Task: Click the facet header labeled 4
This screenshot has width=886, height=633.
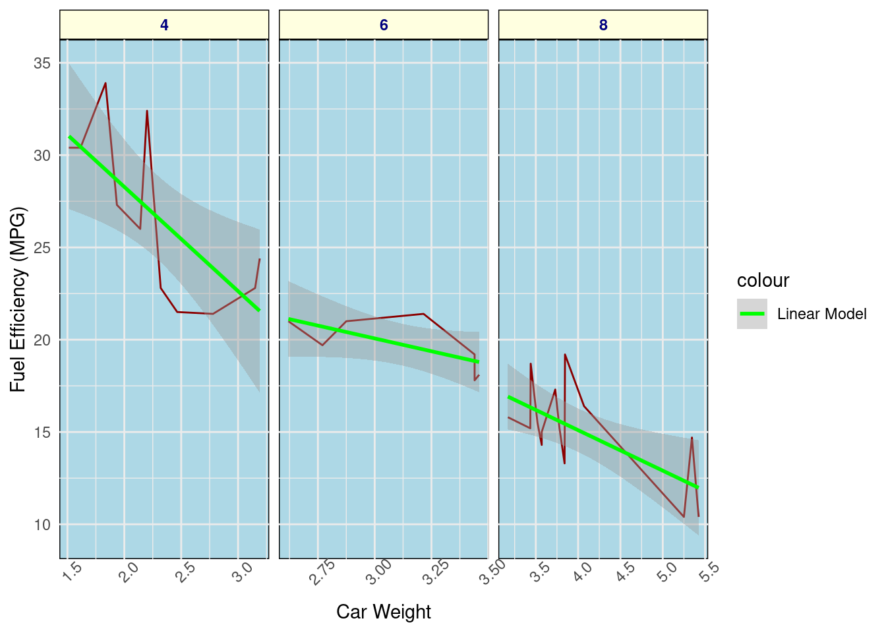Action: tap(164, 25)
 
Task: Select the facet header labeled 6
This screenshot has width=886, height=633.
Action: tap(384, 25)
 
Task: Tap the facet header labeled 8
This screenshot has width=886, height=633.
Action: tap(603, 25)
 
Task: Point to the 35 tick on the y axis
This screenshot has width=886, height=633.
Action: tap(42, 63)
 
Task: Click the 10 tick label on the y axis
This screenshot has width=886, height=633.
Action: tap(42, 525)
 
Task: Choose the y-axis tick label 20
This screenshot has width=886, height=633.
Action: tap(42, 340)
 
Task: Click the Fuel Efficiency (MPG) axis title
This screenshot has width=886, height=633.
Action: tap(18, 299)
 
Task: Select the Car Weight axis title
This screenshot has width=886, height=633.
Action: tap(384, 612)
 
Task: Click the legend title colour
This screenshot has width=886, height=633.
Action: tap(763, 281)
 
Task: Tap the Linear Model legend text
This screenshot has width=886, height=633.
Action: tap(821, 314)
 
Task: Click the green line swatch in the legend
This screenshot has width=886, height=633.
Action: tap(752, 314)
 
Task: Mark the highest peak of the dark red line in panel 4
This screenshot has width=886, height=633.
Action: tap(105, 83)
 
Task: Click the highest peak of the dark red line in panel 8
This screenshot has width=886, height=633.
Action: tap(565, 355)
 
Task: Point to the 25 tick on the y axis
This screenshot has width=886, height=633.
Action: tap(42, 248)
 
